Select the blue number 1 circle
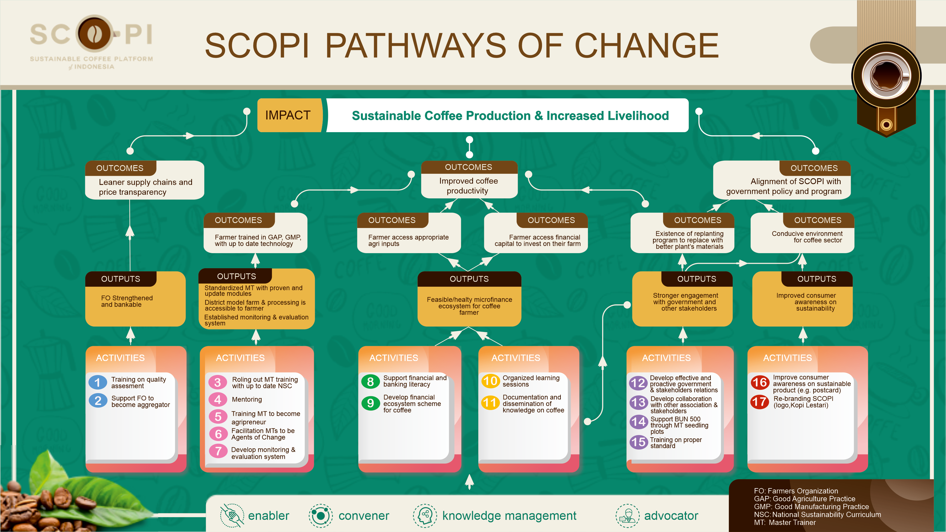98,382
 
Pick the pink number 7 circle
218,451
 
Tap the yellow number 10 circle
490,381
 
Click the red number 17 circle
760,402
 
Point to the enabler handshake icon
232,516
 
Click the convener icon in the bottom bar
321,516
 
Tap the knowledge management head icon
425,516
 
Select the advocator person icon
628,516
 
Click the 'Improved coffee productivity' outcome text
468,186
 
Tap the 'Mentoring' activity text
247,400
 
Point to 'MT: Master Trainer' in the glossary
785,522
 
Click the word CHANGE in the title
646,46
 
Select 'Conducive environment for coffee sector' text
807,237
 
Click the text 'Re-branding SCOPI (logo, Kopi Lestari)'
803,402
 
